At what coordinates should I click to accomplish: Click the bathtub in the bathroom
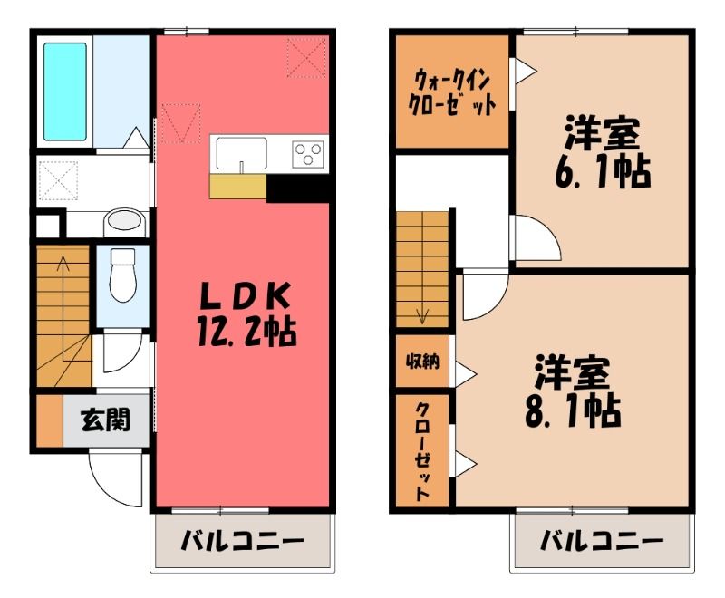(65, 92)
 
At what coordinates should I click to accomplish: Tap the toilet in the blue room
(123, 275)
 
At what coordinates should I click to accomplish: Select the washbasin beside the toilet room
(123, 220)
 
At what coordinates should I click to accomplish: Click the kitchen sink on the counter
(241, 154)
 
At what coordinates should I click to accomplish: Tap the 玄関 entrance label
(106, 420)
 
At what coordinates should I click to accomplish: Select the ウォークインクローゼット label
(451, 92)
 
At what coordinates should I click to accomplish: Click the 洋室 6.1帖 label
(603, 152)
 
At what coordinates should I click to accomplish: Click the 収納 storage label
(422, 362)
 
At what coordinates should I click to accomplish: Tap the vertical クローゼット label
(421, 451)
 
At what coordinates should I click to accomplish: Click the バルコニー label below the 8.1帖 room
(602, 541)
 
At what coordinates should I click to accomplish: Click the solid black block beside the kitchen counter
(297, 188)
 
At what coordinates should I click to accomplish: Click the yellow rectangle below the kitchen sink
(238, 187)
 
